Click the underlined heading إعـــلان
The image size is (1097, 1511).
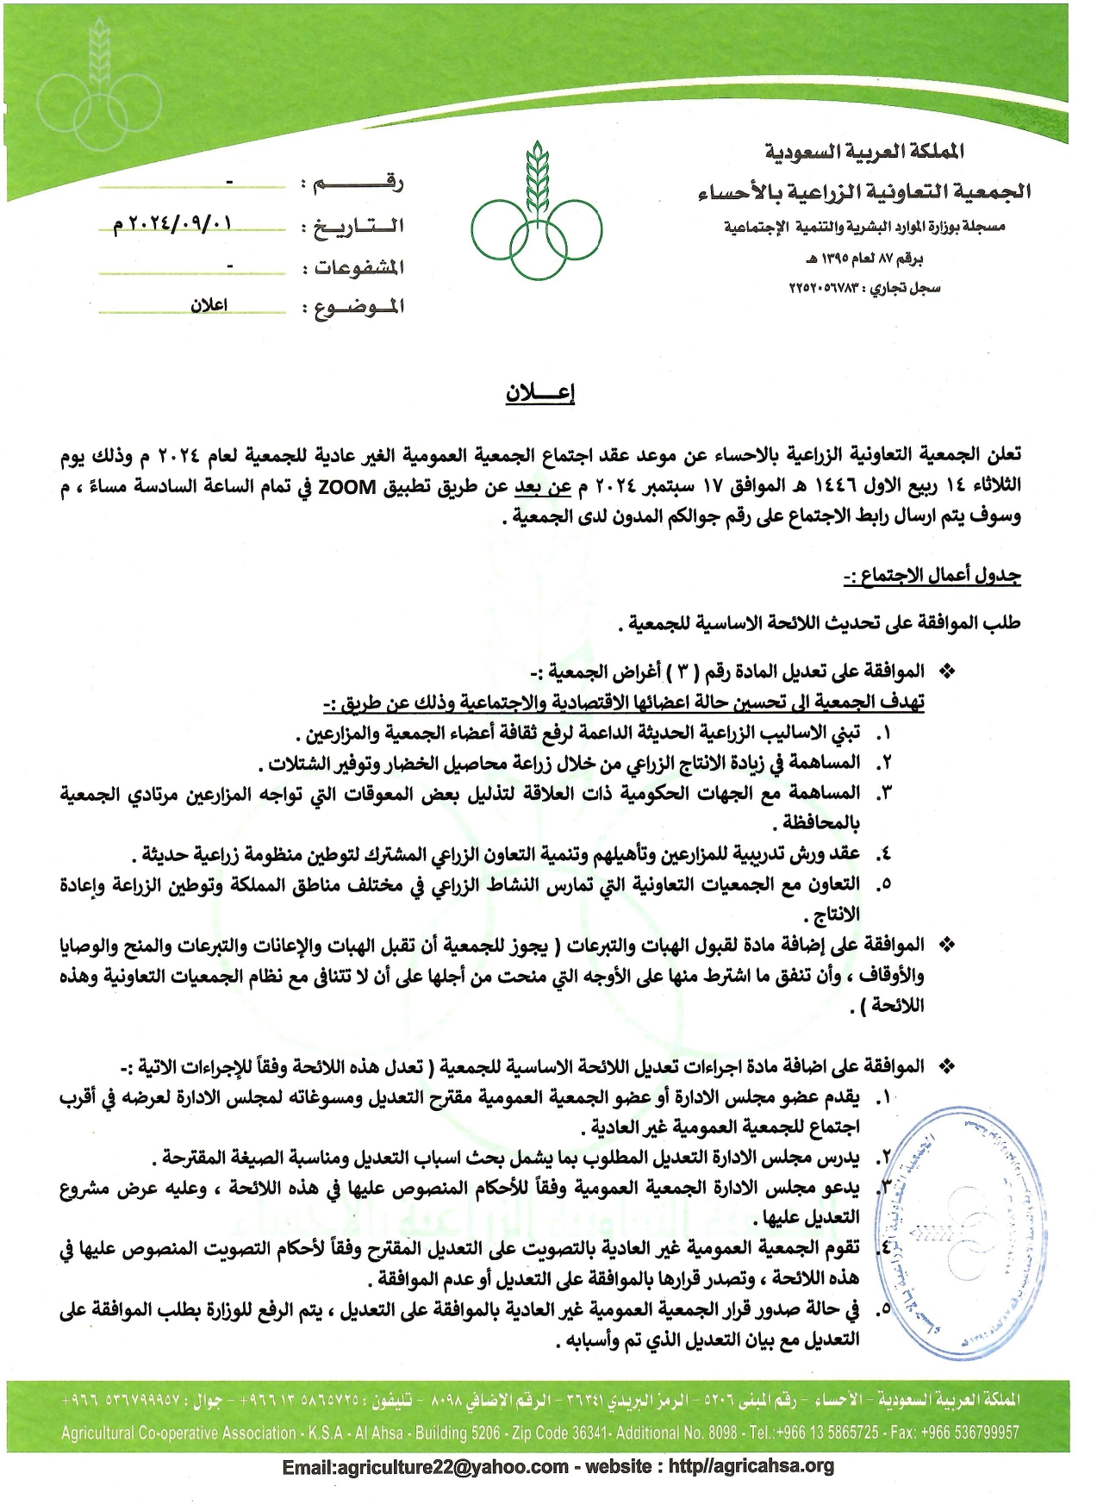(540, 393)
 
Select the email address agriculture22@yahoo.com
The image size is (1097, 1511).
(425, 1466)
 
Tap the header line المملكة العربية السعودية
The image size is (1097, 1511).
(864, 152)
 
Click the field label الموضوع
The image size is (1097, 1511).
(359, 307)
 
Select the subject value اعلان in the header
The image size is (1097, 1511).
(209, 305)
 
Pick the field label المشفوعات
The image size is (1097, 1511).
(359, 267)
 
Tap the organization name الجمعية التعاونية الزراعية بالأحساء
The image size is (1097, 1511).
(864, 191)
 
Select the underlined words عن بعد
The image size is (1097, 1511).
(543, 487)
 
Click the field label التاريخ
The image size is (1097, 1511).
(359, 227)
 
